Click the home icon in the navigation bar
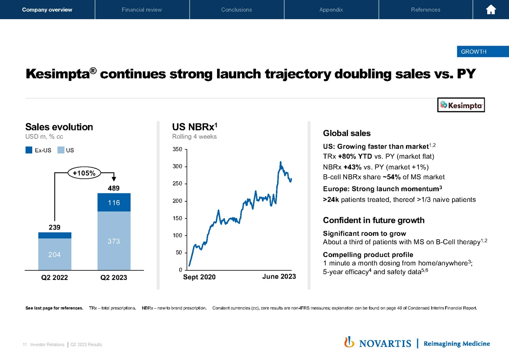coord(491,10)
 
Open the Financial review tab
coord(142,10)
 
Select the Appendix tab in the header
coord(331,10)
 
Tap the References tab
coord(425,10)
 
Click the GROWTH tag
coord(473,52)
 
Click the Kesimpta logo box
coord(461,105)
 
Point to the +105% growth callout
coord(84,173)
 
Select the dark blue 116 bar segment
coord(114,203)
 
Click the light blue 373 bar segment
coord(114,241)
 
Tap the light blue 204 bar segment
coord(54,254)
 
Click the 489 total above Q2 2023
coord(114,188)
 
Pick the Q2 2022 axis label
coord(54,277)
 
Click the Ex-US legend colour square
coord(29,150)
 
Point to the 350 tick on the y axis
coord(177,150)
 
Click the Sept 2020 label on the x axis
coord(199,277)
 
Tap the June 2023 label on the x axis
coord(279,277)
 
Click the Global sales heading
coord(347,133)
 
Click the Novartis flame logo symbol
coord(348,343)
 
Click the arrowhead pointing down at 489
coord(114,178)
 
